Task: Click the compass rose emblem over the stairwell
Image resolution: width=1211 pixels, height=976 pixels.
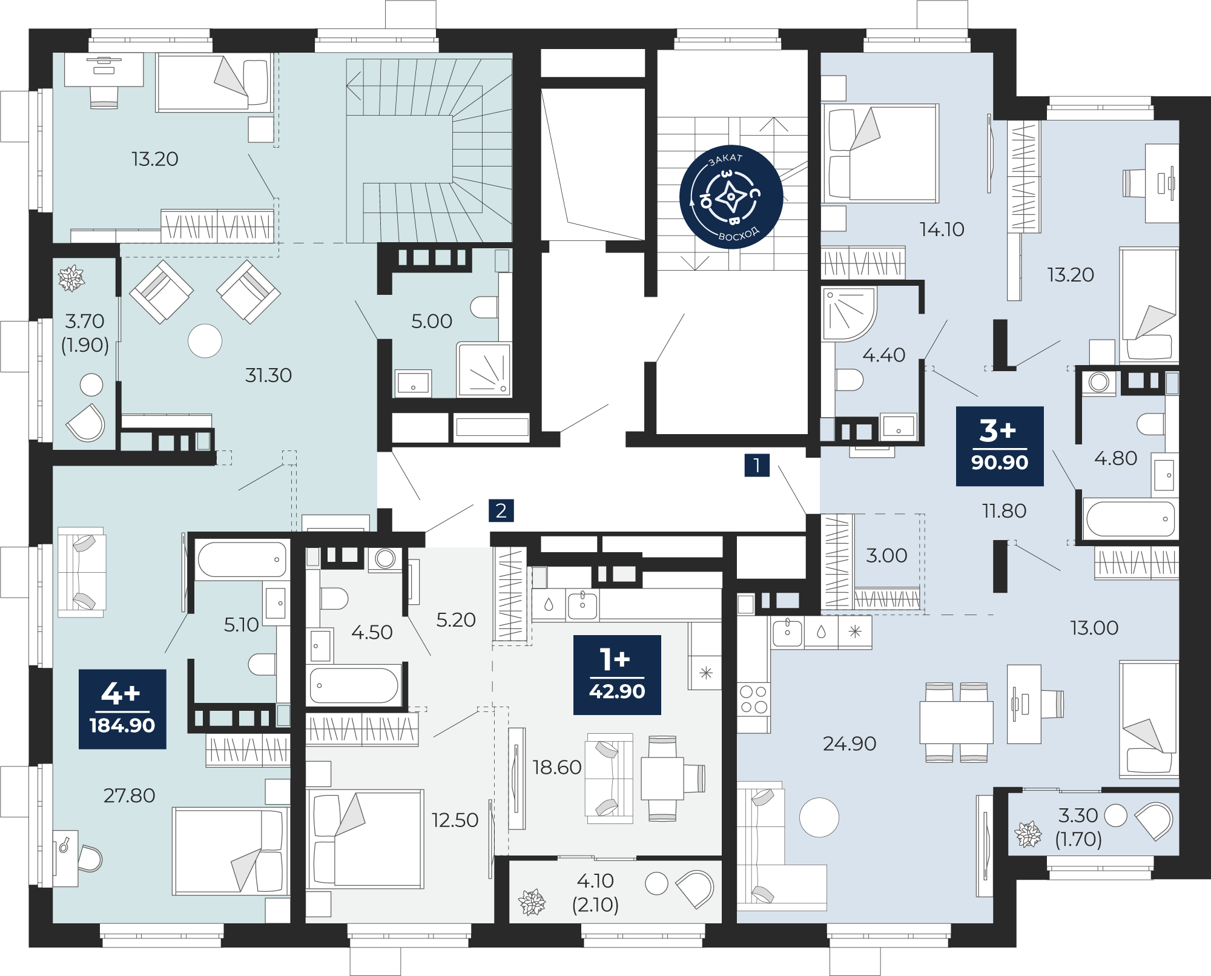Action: pos(731,197)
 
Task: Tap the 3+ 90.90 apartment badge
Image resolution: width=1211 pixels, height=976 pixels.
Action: pos(1000,446)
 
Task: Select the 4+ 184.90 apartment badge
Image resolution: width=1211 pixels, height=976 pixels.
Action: pos(122,709)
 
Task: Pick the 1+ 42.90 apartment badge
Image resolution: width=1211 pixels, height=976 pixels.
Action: pos(617,675)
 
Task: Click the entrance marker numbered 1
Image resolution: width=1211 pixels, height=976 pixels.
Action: pos(757,466)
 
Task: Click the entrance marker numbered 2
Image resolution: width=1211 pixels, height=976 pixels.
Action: pos(501,510)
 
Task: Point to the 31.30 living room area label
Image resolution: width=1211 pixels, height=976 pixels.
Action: pos(268,375)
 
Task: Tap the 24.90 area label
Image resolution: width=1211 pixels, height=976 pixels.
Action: pos(850,744)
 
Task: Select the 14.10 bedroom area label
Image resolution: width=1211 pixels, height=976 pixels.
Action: pos(942,229)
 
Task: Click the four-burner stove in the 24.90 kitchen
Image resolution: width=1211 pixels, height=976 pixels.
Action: pos(754,699)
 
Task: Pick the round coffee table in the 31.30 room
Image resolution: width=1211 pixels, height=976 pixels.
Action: pos(205,341)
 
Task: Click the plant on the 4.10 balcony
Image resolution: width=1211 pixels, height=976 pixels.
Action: pos(532,902)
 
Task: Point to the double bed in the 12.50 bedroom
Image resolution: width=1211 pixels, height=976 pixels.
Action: pos(365,839)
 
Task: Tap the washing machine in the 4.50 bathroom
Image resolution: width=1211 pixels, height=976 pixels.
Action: pos(385,559)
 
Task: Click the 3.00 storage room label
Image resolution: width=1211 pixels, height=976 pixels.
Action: pos(886,555)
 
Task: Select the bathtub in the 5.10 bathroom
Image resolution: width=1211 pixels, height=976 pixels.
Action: pos(242,559)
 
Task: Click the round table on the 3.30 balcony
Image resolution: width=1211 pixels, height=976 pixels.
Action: pos(1115,815)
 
